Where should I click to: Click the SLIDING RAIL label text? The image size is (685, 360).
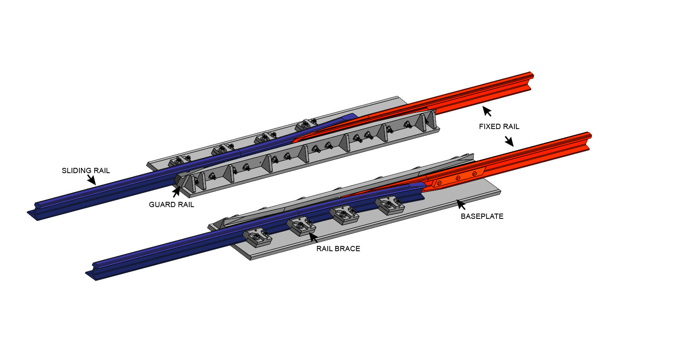coord(86,171)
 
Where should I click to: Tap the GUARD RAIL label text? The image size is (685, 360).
coord(172,205)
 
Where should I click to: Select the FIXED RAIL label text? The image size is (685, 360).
coord(499,127)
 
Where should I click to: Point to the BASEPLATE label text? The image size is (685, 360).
coord(482,216)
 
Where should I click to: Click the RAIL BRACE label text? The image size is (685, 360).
coord(338,249)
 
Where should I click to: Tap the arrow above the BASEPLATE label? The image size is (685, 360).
coord(461,204)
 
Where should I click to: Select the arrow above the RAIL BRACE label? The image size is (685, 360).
coord(313,237)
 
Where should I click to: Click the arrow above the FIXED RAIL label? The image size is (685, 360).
coord(487,111)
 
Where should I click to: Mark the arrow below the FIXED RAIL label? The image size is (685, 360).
coord(509,141)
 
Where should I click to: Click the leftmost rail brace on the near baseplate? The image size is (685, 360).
coord(257,238)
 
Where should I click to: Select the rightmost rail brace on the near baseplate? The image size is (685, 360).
coord(390,206)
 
